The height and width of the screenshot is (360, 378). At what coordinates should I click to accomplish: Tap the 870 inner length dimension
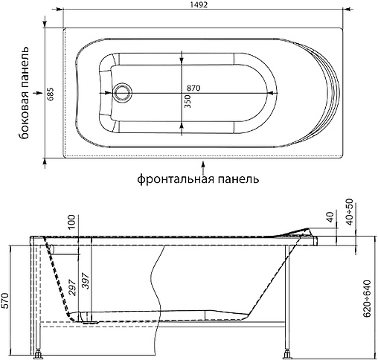[x=193, y=88]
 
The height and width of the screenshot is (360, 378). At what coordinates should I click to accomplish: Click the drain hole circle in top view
[x=121, y=93]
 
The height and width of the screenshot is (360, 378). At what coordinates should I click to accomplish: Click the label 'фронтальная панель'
[x=198, y=179]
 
